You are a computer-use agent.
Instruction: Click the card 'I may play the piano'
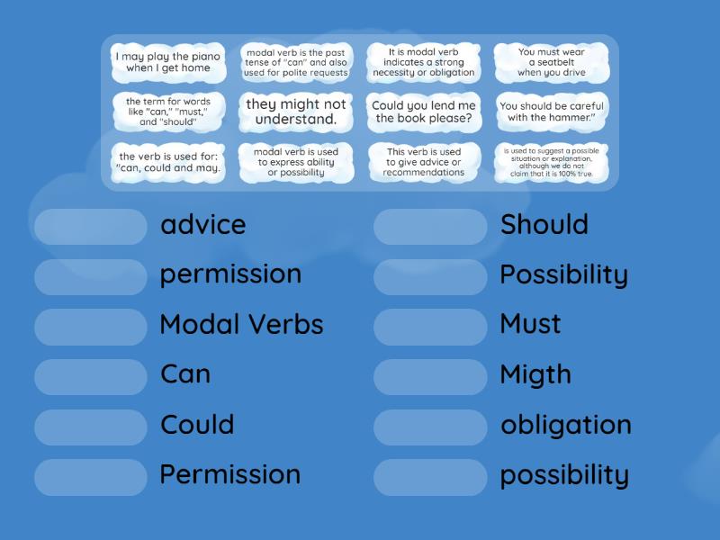[168, 62]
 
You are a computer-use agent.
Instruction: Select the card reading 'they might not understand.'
[296, 112]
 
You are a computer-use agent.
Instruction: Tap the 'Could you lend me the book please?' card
[424, 112]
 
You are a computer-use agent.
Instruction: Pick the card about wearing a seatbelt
[552, 62]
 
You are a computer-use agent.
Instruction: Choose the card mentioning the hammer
[552, 112]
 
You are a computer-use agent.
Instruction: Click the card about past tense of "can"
[296, 62]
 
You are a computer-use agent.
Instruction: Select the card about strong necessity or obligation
[424, 62]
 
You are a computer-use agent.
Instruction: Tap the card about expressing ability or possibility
[296, 163]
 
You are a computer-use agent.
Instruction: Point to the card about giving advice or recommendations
[424, 163]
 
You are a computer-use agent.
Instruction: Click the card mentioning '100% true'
[552, 163]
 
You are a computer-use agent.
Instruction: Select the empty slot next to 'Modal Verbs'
[91, 327]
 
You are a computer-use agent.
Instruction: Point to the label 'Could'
[197, 424]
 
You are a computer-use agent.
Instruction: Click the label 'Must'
[530, 324]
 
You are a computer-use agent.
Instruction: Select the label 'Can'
[185, 373]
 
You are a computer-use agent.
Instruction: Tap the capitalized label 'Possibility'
[563, 274]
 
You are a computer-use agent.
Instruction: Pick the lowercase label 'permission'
[230, 274]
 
